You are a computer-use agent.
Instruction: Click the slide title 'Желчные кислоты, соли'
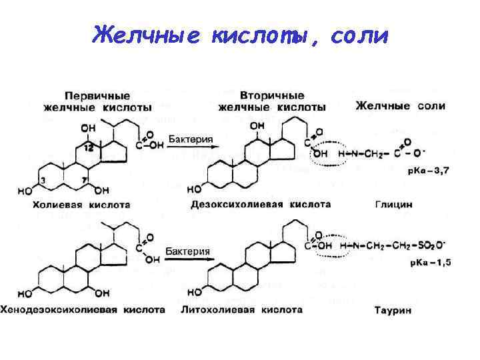coord(240,34)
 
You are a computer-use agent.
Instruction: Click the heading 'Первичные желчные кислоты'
coord(97,101)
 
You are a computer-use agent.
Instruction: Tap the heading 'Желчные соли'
coord(401,105)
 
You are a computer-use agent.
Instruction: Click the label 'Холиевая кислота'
coord(81,205)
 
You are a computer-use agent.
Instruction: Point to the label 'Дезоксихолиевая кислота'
coord(261,204)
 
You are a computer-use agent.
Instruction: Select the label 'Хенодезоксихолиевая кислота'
coord(83,309)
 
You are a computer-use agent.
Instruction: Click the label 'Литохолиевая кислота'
coord(241,309)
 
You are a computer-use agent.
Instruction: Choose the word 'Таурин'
coord(393,310)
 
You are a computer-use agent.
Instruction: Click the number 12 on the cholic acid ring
coord(89,147)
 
